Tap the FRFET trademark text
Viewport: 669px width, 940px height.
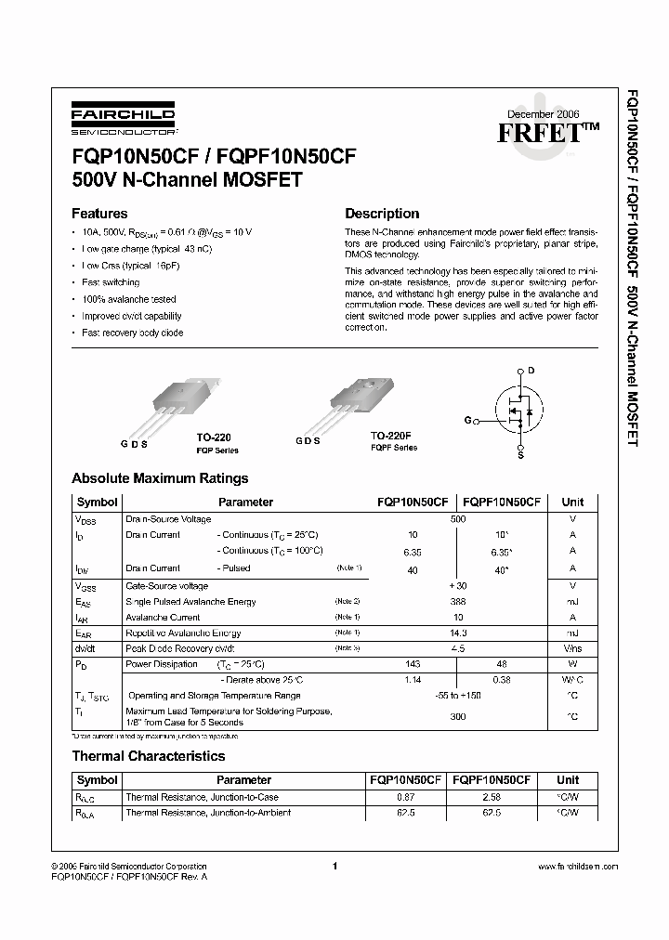tap(548, 131)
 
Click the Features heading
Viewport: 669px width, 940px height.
tap(99, 213)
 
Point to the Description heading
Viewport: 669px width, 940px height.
tap(382, 213)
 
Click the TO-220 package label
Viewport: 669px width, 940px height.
tap(214, 436)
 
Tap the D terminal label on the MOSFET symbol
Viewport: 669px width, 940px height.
tap(531, 371)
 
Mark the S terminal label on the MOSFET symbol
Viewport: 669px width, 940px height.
tap(520, 455)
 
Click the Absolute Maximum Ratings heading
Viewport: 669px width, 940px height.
tap(160, 479)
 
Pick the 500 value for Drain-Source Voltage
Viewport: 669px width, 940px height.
tap(458, 519)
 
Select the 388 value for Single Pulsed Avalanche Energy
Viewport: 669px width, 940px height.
tap(458, 602)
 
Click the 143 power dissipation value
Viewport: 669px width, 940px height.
tap(413, 664)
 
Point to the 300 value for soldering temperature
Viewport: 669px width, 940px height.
tap(458, 717)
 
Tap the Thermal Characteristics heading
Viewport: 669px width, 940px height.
tap(149, 756)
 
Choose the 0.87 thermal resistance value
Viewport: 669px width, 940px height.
tap(405, 797)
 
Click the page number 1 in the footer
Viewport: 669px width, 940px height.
tap(333, 866)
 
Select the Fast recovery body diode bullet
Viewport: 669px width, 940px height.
tap(132, 333)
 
